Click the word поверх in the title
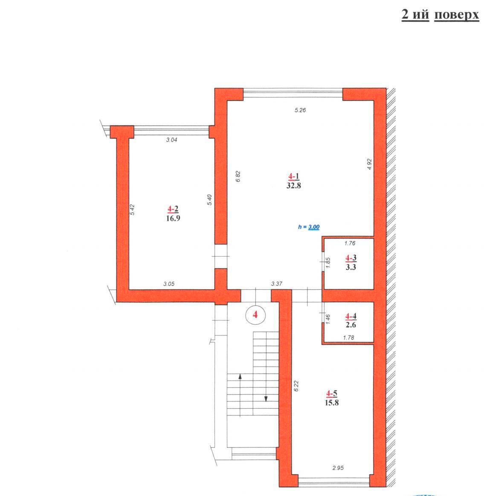point(456,15)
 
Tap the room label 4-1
point(293,176)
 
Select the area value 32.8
point(293,185)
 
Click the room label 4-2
point(173,209)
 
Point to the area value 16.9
point(173,218)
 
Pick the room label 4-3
point(351,258)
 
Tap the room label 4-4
point(351,316)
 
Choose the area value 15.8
point(331,403)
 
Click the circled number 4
point(255,314)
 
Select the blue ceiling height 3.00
point(314,227)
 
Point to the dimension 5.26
point(300,110)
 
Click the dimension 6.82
point(238,176)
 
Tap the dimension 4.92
point(369,164)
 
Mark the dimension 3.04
point(171,140)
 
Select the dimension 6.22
point(296,386)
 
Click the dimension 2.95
point(338,468)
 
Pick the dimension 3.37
point(276,284)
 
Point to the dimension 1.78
point(348,337)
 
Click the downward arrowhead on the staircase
point(266,399)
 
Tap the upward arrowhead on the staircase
point(240,376)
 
